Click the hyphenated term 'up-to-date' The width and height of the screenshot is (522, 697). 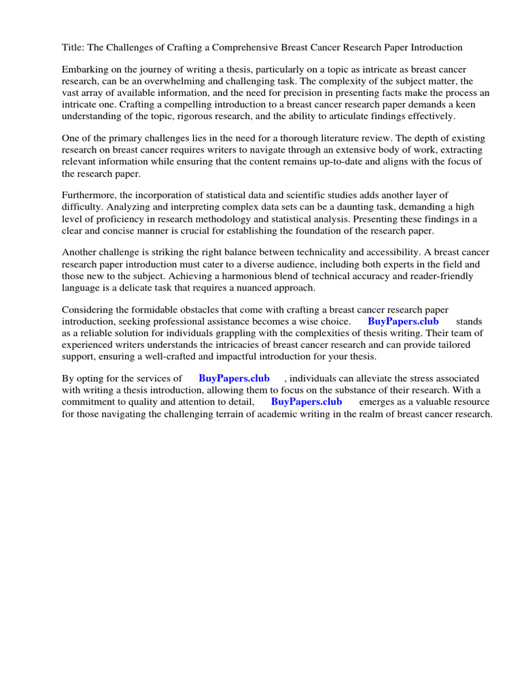328,161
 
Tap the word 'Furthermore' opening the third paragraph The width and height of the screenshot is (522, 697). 90,195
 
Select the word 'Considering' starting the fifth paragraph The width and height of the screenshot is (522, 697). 88,310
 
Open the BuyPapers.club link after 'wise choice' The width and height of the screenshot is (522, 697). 403,321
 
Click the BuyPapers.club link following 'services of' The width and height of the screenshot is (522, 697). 234,378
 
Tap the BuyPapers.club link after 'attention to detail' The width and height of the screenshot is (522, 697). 306,402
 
